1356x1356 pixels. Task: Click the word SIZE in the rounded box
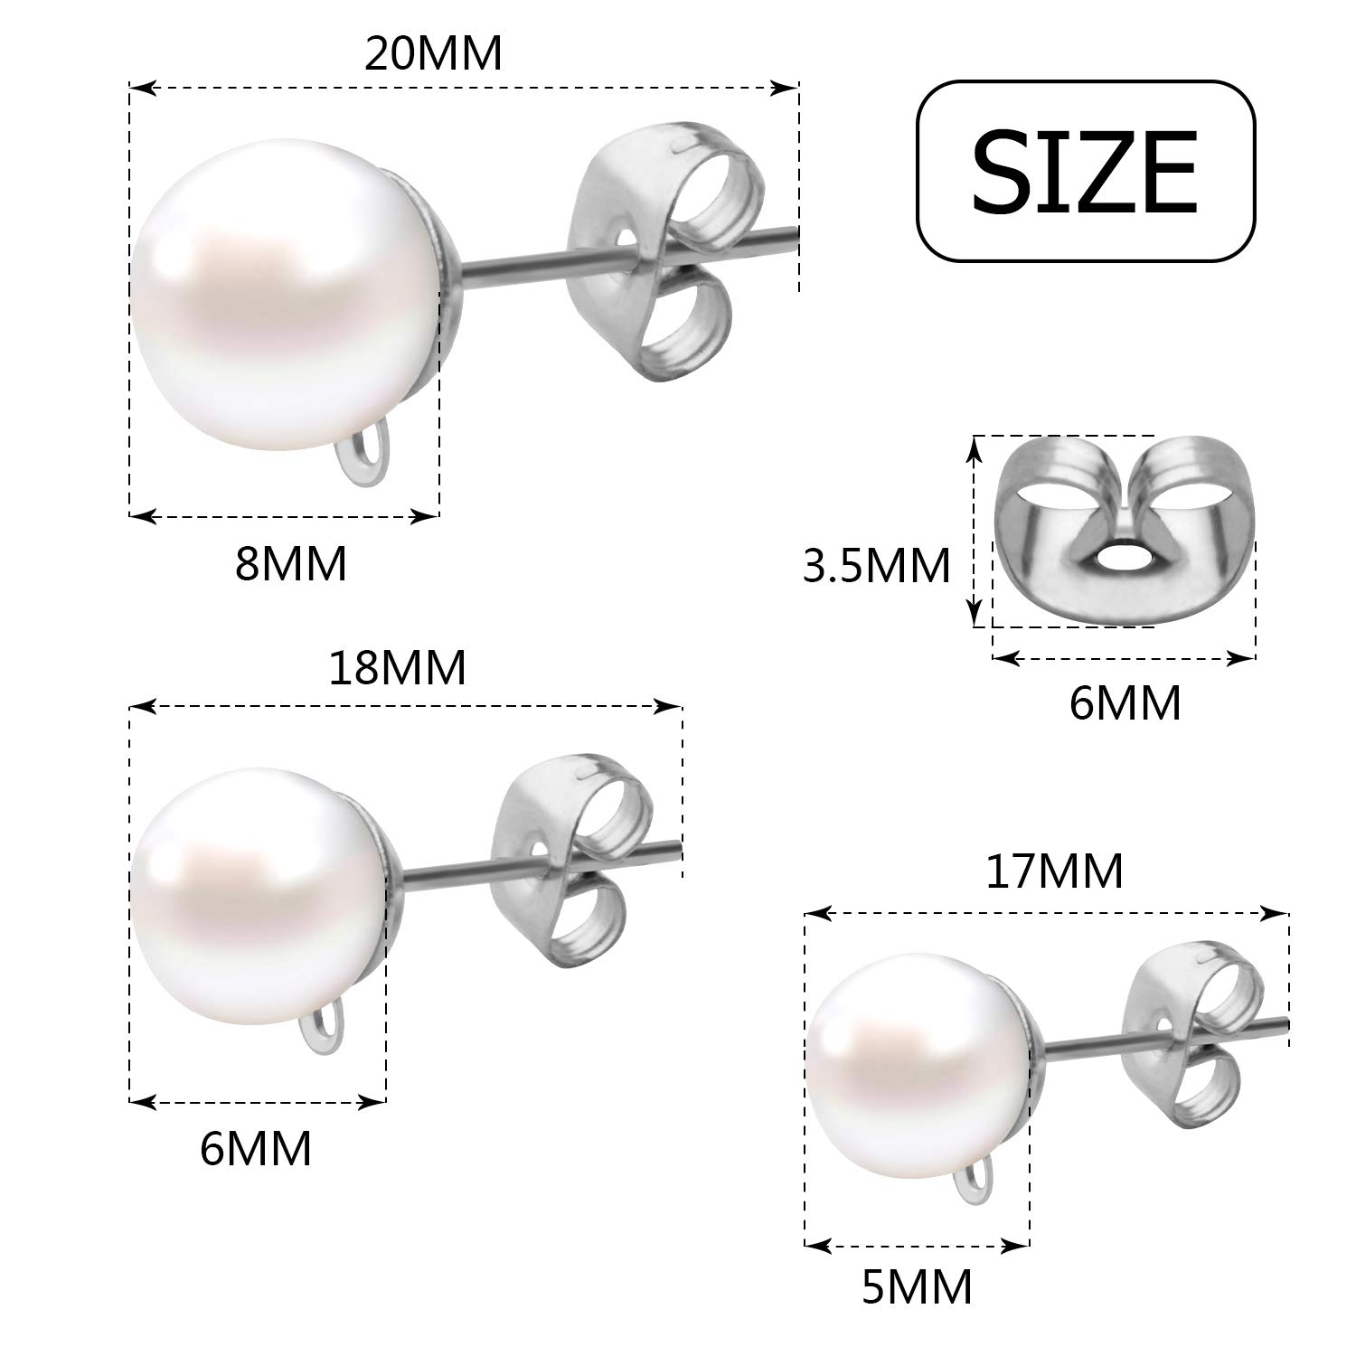pos(1085,171)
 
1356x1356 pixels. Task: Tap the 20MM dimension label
pos(433,54)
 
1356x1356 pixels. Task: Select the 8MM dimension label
pos(291,564)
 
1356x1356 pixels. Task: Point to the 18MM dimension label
pos(398,668)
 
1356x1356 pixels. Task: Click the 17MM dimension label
pos(1054,871)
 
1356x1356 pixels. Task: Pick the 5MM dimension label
pos(917,1287)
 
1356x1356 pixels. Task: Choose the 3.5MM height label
pos(877,566)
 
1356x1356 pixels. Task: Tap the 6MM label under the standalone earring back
pos(1125,702)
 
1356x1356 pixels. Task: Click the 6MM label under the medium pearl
pos(256,1148)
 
